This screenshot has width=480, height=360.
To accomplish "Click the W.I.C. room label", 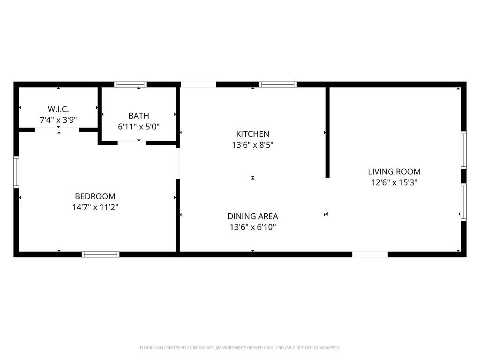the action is (x=58, y=109).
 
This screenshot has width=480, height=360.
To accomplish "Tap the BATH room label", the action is (x=139, y=116).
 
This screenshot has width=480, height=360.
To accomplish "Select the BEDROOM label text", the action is (x=95, y=196).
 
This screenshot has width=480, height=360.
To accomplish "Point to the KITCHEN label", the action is (x=253, y=134).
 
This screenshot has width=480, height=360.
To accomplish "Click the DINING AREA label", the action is (x=253, y=216).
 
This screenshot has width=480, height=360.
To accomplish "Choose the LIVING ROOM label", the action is (x=394, y=172).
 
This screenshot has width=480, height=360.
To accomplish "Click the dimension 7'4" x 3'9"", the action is (x=58, y=120).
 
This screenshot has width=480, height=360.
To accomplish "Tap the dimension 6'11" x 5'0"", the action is (x=139, y=127).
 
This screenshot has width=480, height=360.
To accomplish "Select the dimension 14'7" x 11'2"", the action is (x=95, y=207).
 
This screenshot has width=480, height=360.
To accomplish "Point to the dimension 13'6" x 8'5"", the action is (x=253, y=144).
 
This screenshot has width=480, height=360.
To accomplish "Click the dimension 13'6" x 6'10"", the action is (x=253, y=227).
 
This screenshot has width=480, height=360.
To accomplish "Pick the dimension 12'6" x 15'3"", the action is (x=394, y=182).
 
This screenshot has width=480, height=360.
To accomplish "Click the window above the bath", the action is (x=130, y=84).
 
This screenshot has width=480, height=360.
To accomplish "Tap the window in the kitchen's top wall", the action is (x=278, y=84).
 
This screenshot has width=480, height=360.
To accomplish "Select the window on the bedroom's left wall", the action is (x=16, y=172).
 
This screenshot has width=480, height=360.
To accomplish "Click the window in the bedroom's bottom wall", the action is (x=100, y=255).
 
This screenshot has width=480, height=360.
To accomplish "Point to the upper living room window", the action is (x=464, y=150).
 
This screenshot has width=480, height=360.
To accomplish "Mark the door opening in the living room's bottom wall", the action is (x=370, y=255).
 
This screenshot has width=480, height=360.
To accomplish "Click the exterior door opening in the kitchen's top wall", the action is (x=198, y=84).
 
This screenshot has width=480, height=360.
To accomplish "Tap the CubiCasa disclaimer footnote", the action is (x=240, y=348).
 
